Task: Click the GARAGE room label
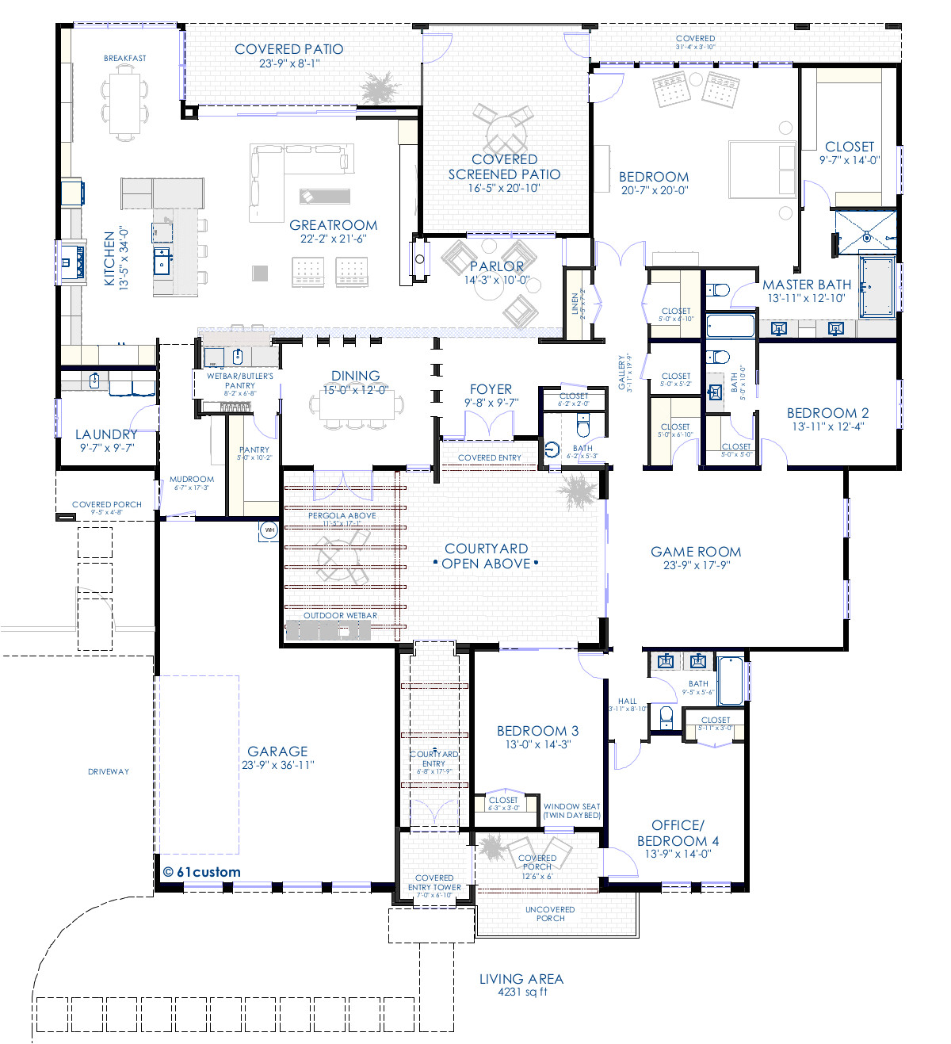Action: [x=277, y=751]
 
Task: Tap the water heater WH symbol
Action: [x=269, y=530]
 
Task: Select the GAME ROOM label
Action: [x=696, y=552]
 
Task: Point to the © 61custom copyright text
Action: [x=201, y=872]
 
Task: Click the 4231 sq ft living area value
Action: [x=521, y=992]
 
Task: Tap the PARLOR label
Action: [x=497, y=266]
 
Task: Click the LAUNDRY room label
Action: [x=106, y=434]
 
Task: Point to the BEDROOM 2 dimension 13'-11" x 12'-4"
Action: [x=827, y=426]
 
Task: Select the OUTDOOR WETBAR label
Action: [x=340, y=615]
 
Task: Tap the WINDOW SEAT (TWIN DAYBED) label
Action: [x=571, y=811]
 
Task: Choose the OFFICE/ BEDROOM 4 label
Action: [x=678, y=832]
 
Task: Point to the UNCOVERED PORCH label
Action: [x=550, y=914]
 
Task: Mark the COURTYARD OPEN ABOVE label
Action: [x=486, y=556]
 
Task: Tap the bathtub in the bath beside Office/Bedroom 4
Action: [x=731, y=680]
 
